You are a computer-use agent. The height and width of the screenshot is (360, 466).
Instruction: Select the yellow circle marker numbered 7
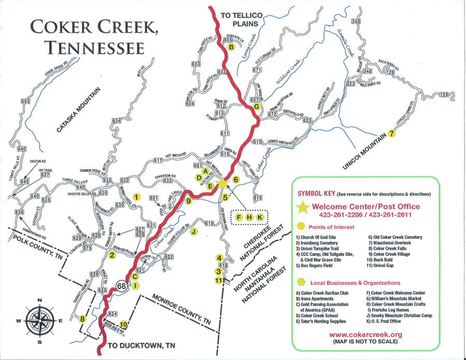tap(392, 133)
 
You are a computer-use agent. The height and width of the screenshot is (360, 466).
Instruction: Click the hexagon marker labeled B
tap(231, 48)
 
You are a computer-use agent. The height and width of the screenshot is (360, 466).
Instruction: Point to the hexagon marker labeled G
tap(256, 107)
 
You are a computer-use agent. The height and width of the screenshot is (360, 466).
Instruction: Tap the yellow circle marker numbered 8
tap(82, 319)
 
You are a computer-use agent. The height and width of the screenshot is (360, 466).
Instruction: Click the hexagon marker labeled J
tap(194, 231)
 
